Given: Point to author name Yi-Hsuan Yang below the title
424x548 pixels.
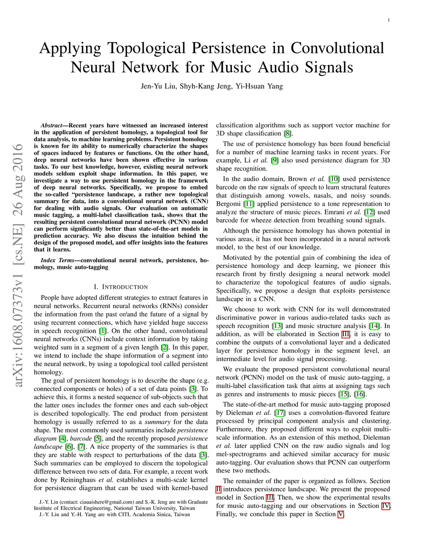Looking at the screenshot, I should (x=259, y=86).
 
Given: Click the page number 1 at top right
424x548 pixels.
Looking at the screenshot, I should (x=388, y=20).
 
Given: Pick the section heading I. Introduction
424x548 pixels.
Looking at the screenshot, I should (x=120, y=287).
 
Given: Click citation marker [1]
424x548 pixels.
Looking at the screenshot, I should (x=103, y=331).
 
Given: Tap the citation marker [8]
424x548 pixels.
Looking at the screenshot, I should (x=288, y=134).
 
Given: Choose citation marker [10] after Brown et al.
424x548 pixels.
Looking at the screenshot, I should (x=334, y=179).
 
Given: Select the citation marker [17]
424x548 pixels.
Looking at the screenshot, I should (x=280, y=413).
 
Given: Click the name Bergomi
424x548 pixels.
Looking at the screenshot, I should (x=228, y=204).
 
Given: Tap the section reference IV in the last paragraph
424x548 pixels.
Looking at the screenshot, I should (x=385, y=506).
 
